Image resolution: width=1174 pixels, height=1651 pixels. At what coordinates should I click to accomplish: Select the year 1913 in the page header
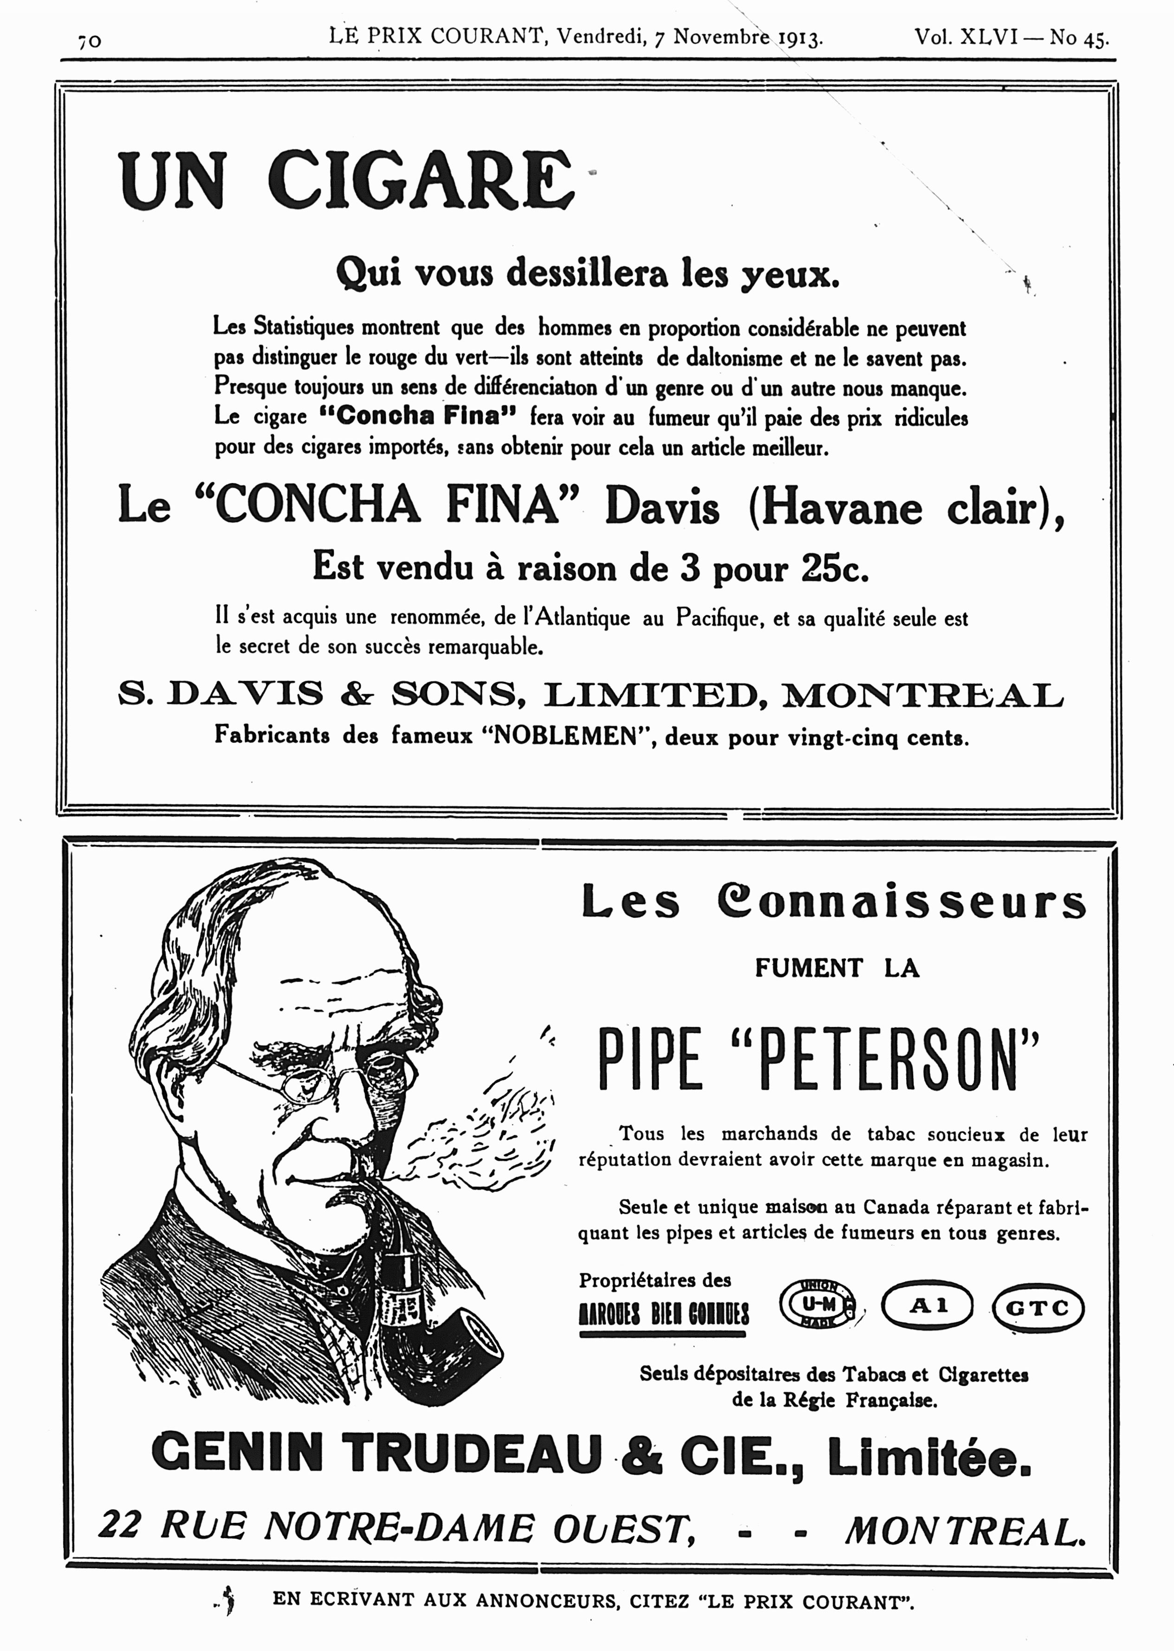(x=800, y=38)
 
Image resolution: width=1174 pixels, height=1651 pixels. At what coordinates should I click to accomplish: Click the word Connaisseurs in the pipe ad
(x=902, y=903)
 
